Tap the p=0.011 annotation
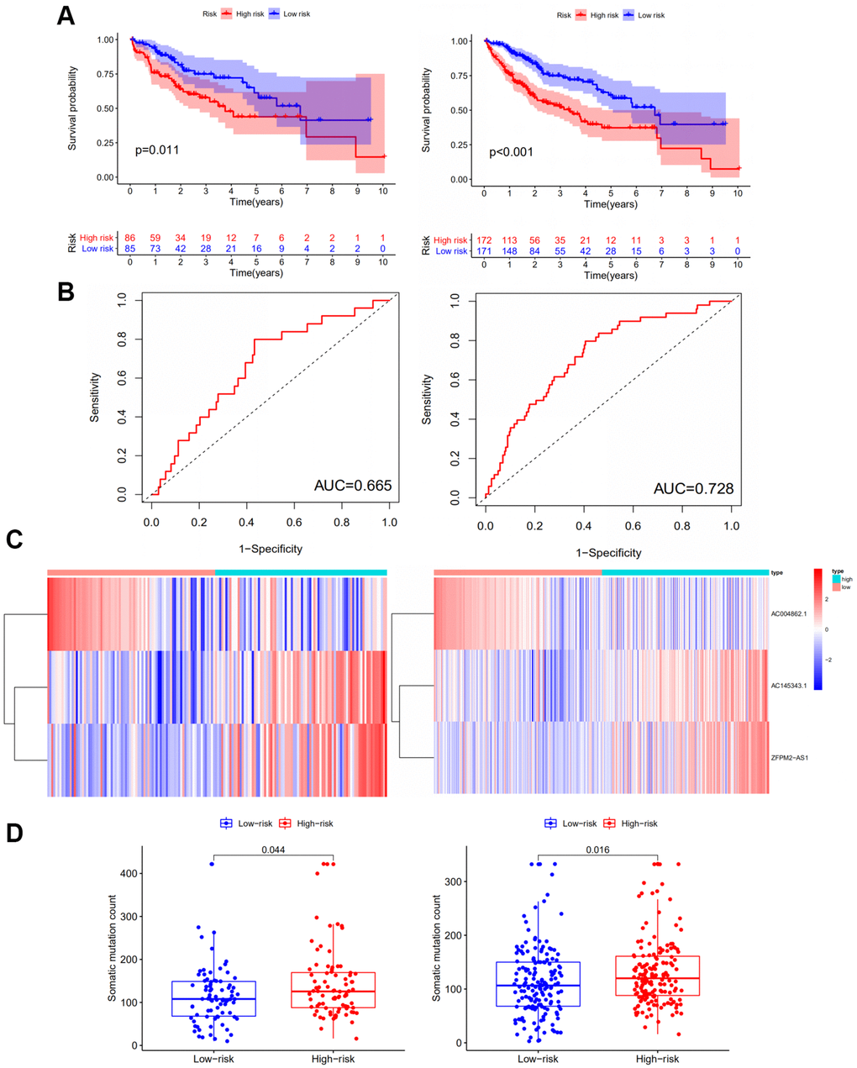pos(157,150)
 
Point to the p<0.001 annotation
pos(511,152)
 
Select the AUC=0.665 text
pos(353,486)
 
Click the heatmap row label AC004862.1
pos(789,614)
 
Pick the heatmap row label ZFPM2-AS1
pos(789,758)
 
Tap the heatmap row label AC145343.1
pos(789,686)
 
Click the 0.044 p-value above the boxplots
pos(273,850)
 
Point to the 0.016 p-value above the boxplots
pos(598,850)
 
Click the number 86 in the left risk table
pos(130,238)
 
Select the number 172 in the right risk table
pos(485,240)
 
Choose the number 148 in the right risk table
pos(509,251)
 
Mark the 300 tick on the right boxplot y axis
pos(452,881)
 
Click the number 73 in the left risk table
pos(155,249)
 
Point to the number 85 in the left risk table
pos(130,249)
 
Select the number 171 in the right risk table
pos(485,251)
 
